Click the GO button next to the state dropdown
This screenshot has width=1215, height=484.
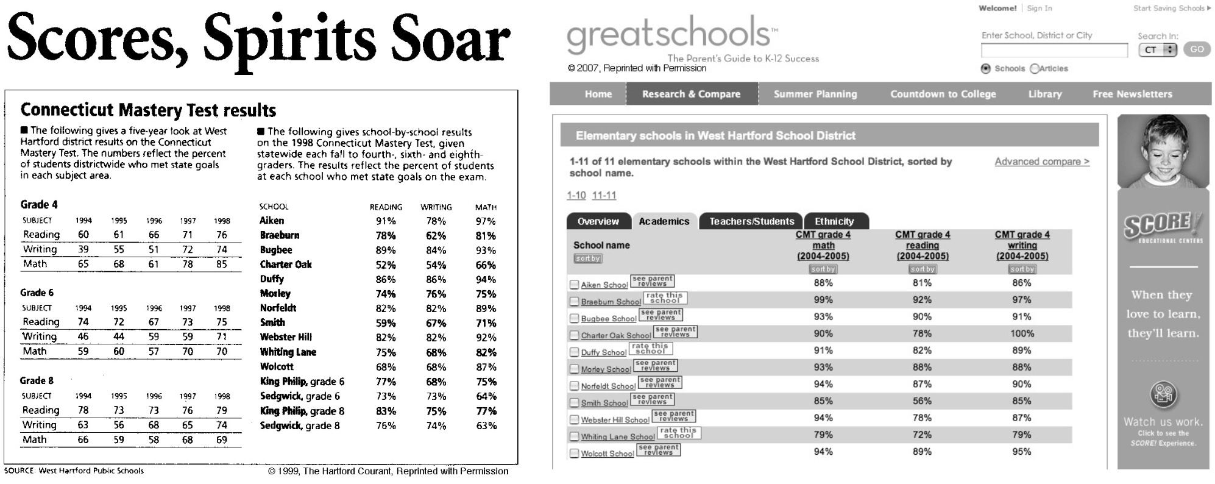pyautogui.click(x=1197, y=49)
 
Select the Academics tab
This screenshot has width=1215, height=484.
pyautogui.click(x=664, y=221)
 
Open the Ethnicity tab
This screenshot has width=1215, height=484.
pyautogui.click(x=834, y=221)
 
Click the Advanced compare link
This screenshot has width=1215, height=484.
pyautogui.click(x=1041, y=162)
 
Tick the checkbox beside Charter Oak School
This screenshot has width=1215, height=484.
pyautogui.click(x=574, y=335)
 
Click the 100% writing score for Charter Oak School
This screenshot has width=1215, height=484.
pyautogui.click(x=1022, y=333)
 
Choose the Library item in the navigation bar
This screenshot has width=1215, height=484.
pyautogui.click(x=1045, y=94)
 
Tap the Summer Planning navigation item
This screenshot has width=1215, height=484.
pyautogui.click(x=815, y=94)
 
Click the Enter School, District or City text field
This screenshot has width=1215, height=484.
pyautogui.click(x=1054, y=50)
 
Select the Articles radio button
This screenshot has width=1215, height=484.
pyautogui.click(x=1034, y=69)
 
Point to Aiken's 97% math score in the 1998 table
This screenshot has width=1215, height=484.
pyautogui.click(x=486, y=221)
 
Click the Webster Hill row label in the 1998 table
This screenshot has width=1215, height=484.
pyautogui.click(x=286, y=337)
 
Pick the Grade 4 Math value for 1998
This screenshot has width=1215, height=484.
pyautogui.click(x=221, y=264)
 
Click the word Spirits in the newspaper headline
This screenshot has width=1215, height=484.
pyautogui.click(x=289, y=40)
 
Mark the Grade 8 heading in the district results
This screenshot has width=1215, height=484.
pyautogui.click(x=37, y=380)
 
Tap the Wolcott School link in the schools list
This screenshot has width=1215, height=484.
pyautogui.click(x=607, y=454)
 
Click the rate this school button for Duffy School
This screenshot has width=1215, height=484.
pyautogui.click(x=650, y=349)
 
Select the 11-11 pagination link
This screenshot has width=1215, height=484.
pyautogui.click(x=604, y=195)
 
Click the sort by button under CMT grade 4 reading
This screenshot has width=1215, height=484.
pyautogui.click(x=922, y=269)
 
